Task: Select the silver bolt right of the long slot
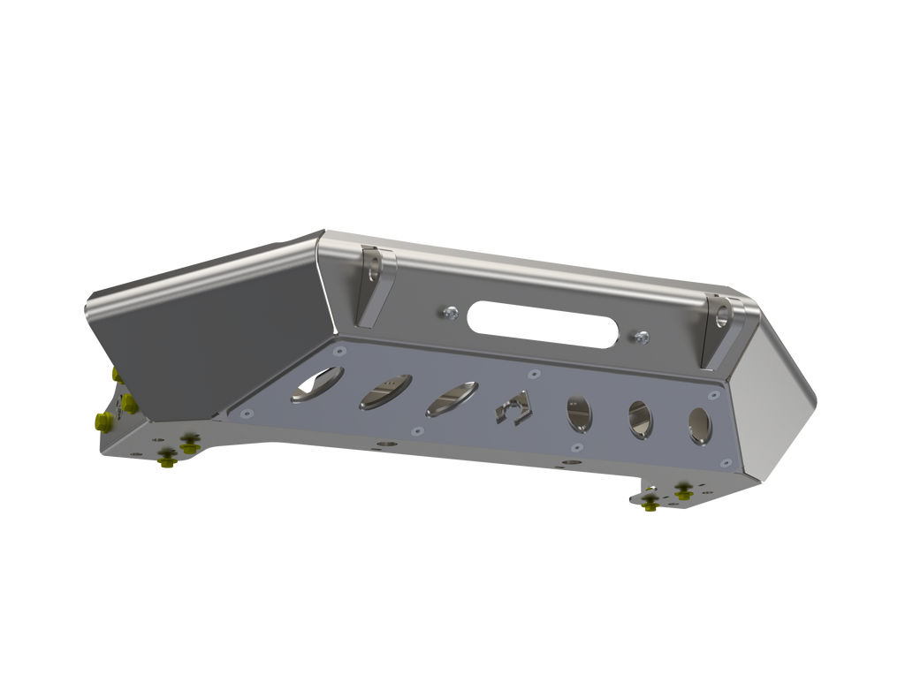(x=642, y=337)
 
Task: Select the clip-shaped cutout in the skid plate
(x=513, y=407)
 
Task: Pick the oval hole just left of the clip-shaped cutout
(x=451, y=399)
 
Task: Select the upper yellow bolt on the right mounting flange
(x=682, y=488)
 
